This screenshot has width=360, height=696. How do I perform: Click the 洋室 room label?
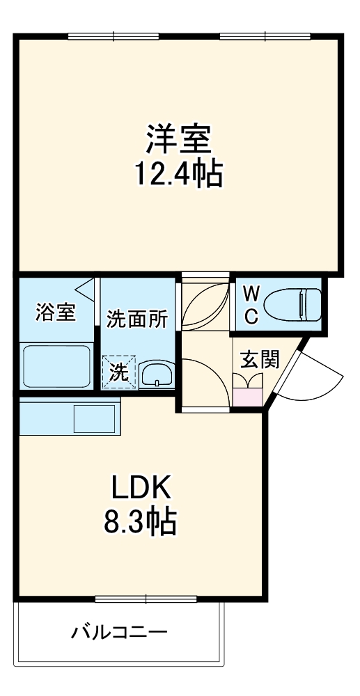[x=178, y=139]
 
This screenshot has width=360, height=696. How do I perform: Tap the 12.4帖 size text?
[x=178, y=174]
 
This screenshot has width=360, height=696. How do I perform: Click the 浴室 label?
[x=56, y=313]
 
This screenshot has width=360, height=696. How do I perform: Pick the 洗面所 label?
[x=136, y=319]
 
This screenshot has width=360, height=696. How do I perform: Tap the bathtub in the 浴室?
[x=56, y=365]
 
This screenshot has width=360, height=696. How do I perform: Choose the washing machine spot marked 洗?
[x=119, y=372]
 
